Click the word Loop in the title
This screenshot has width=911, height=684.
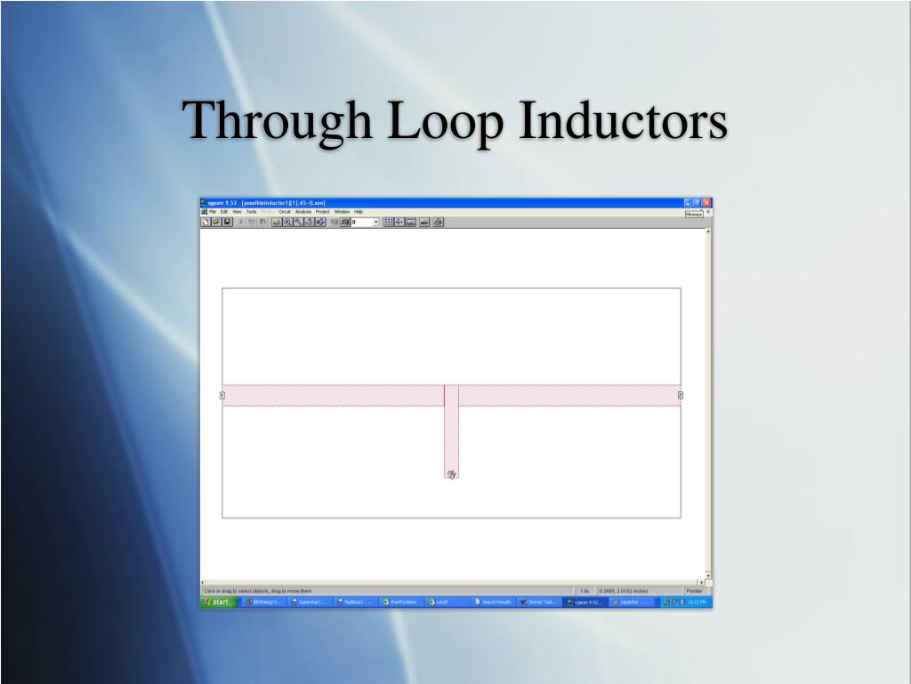click(431, 122)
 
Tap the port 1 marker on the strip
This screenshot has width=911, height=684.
click(222, 395)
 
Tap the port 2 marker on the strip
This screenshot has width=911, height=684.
click(681, 395)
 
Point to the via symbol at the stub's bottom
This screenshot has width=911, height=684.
click(452, 474)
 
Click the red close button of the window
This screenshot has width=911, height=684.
click(707, 203)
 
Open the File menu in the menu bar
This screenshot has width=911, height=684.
click(213, 212)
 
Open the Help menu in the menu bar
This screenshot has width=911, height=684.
click(359, 212)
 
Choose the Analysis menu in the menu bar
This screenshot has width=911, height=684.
click(302, 212)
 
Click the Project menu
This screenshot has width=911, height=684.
click(322, 212)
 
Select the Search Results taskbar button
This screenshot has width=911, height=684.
click(494, 602)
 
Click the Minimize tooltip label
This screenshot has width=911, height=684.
click(694, 215)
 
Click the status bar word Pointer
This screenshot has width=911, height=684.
click(694, 590)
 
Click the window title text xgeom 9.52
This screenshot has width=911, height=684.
click(219, 203)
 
